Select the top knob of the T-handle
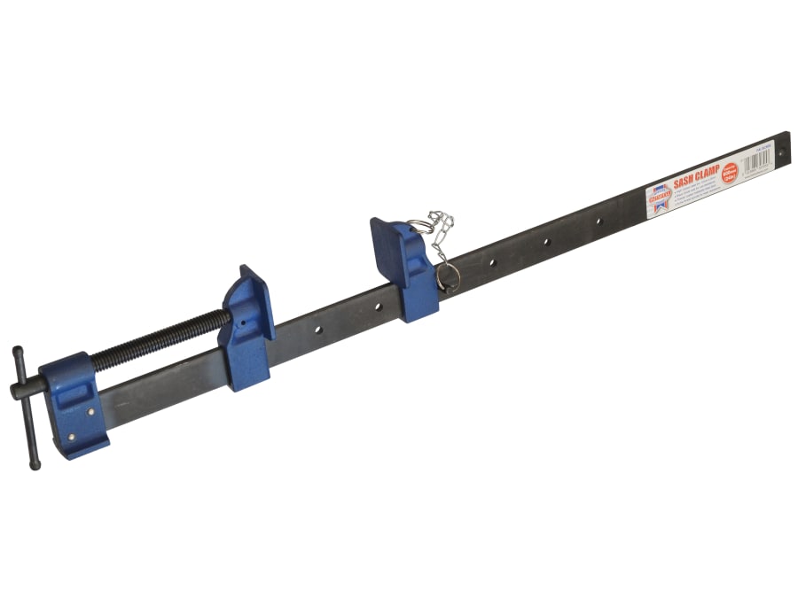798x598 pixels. pyautogui.click(x=18, y=352)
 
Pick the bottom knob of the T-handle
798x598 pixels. pyautogui.click(x=35, y=462)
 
